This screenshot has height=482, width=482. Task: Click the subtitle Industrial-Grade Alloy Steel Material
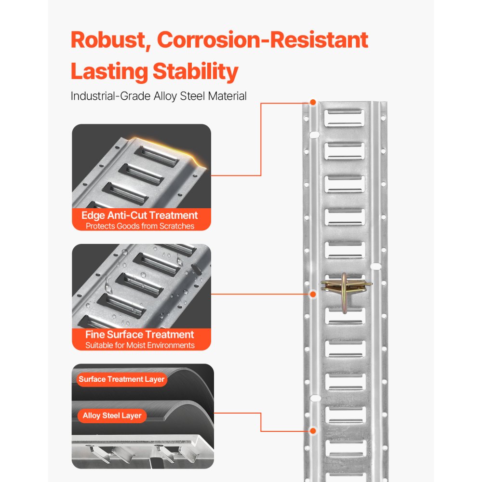click(159, 96)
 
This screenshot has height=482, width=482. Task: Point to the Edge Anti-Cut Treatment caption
click(140, 215)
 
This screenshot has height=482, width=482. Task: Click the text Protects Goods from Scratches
click(140, 226)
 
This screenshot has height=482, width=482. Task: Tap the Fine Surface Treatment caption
click(140, 335)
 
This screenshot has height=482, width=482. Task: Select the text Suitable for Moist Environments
click(140, 345)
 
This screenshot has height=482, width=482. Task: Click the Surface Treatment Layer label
click(121, 379)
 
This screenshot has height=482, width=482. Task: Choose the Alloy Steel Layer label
click(112, 415)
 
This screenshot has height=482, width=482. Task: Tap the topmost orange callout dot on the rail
click(313, 103)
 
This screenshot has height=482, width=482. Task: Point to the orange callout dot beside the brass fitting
click(313, 294)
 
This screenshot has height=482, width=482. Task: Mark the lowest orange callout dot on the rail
click(313, 430)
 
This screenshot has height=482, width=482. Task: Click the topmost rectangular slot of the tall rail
click(344, 117)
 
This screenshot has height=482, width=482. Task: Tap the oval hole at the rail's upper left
click(313, 135)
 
